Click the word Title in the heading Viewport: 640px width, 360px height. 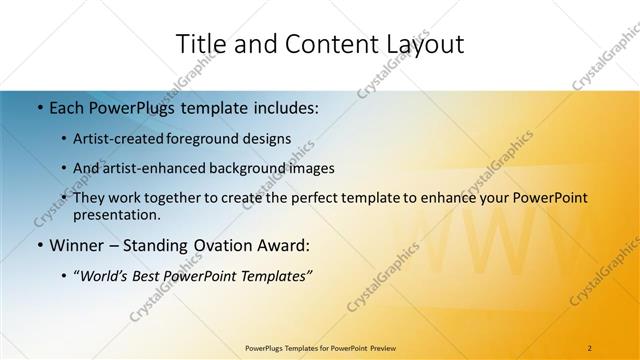[201, 44]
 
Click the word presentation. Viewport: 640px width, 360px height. [116, 215]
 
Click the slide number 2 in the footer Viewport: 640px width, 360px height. [590, 348]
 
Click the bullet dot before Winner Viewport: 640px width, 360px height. [39, 245]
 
